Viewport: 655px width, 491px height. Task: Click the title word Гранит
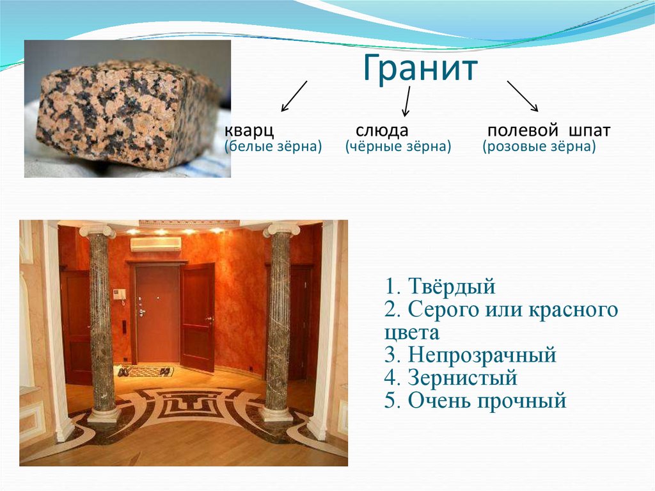click(x=421, y=69)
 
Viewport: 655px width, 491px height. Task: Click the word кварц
click(x=249, y=131)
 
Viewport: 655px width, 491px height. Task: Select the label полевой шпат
click(x=548, y=131)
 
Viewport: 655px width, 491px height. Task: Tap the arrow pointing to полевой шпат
click(x=522, y=96)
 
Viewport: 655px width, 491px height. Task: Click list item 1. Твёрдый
click(x=441, y=286)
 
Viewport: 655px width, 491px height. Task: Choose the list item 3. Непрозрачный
click(x=471, y=355)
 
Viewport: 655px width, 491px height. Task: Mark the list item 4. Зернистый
click(x=451, y=378)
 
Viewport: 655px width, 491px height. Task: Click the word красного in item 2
click(x=572, y=310)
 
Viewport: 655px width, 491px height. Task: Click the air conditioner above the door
click(x=156, y=243)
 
